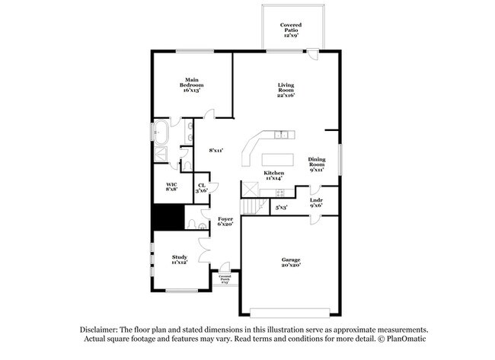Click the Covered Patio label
290,29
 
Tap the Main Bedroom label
190,82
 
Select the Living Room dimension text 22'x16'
286,95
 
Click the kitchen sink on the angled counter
283,135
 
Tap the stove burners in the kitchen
250,188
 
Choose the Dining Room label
317,162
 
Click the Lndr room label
316,201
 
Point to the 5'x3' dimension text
281,206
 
